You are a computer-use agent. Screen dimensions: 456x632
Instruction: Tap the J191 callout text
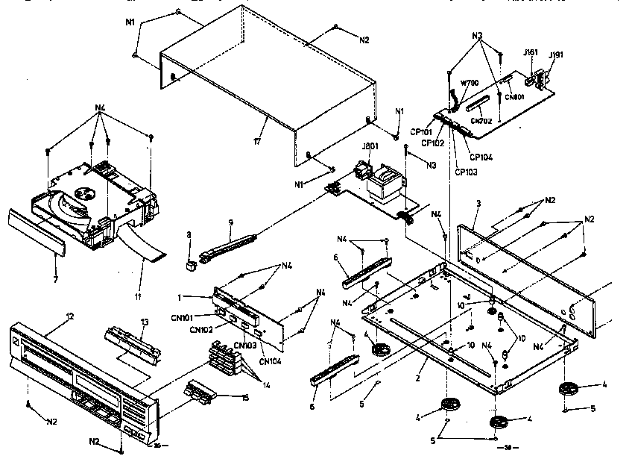[x=555, y=55]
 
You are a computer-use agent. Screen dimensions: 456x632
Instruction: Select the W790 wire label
[x=470, y=83]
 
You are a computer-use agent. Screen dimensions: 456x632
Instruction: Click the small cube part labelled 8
[x=191, y=263]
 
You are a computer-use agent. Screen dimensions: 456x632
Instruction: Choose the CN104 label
[x=270, y=362]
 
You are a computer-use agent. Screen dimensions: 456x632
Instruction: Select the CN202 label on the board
[x=480, y=120]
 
